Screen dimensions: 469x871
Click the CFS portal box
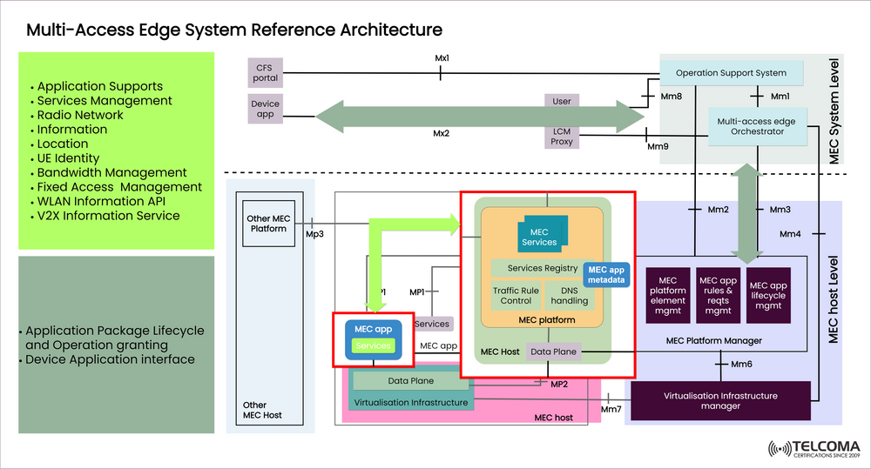[266, 72]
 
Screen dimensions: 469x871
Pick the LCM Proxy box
[562, 136]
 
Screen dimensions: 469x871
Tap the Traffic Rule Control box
[516, 296]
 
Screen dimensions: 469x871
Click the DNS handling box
[569, 296]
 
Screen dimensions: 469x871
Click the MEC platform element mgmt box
[668, 295]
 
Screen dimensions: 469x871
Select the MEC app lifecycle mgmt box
[767, 296]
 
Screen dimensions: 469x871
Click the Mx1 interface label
[441, 58]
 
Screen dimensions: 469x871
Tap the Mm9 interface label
[658, 146]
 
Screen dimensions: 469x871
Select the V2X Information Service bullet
[108, 216]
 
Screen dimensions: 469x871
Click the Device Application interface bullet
[110, 359]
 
